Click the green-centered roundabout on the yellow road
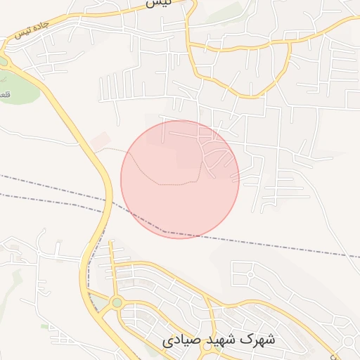tap(117, 303)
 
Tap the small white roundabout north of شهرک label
tap(247, 274)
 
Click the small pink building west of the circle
tap(100, 139)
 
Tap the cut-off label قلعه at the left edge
tap(4, 95)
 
